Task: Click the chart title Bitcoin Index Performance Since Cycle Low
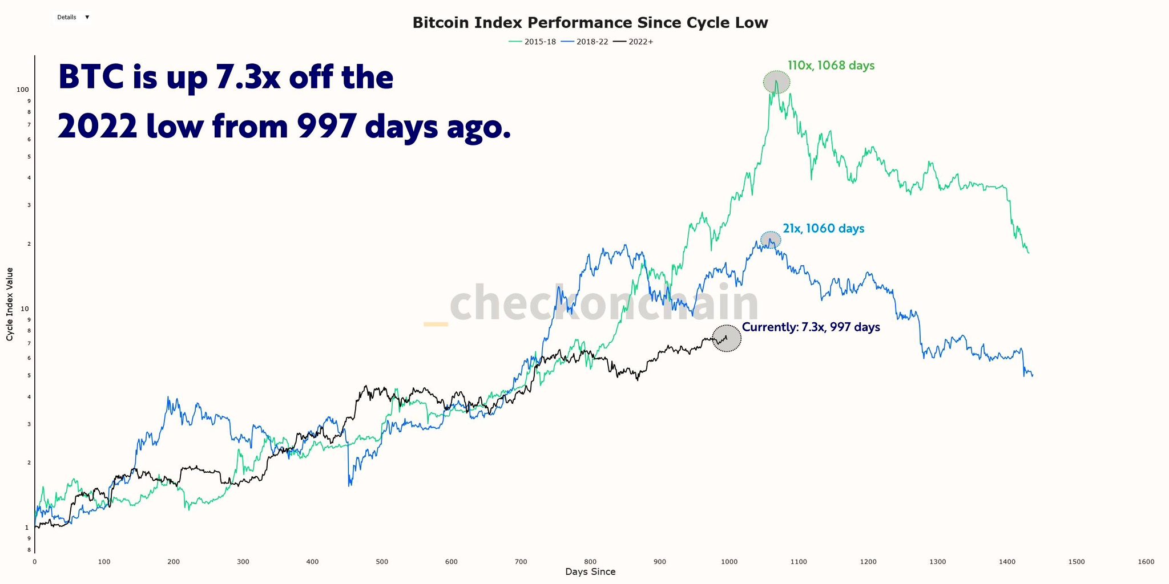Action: [590, 23]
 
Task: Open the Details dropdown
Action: [73, 17]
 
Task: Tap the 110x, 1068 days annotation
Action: [831, 66]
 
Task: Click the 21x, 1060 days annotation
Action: [823, 229]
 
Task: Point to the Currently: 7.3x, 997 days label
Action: [811, 327]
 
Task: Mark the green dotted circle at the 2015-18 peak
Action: [776, 83]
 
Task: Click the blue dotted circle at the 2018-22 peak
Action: [771, 240]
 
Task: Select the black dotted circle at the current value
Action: [727, 338]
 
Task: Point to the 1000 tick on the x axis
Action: [729, 562]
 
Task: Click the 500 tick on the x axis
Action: [382, 562]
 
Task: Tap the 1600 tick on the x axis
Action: [1146, 562]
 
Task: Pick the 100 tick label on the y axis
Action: [22, 90]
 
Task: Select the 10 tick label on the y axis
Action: [25, 309]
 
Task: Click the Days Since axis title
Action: [590, 572]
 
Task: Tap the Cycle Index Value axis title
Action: [10, 304]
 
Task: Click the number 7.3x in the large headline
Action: [248, 78]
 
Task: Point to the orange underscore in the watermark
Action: [436, 325]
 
